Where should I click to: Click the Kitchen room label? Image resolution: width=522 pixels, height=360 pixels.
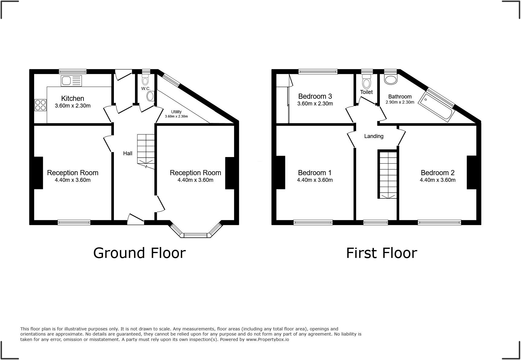(x=72, y=98)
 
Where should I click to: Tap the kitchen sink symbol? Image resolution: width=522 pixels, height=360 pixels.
(x=71, y=81)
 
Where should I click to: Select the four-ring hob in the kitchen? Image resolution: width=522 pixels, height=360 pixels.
(x=40, y=105)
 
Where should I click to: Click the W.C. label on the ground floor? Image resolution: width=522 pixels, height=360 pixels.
(x=146, y=88)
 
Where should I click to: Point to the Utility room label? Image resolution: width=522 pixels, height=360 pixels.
(x=176, y=112)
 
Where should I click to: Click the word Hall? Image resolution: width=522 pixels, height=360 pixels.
(x=127, y=153)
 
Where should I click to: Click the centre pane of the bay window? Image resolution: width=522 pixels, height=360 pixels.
(x=195, y=235)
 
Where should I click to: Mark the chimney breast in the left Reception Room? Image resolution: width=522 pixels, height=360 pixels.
(x=38, y=173)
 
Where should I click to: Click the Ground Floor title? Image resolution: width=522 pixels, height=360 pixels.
(x=139, y=253)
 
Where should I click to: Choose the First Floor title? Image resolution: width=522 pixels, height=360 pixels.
(x=381, y=253)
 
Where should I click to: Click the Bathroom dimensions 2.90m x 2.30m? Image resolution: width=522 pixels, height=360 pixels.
(x=400, y=102)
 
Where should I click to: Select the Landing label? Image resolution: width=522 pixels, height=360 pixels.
(x=374, y=136)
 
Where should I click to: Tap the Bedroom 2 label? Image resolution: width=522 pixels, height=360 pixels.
(x=437, y=173)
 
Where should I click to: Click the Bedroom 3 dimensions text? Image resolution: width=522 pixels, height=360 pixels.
(x=315, y=104)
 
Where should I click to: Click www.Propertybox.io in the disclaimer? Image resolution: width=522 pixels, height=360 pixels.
(x=267, y=339)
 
